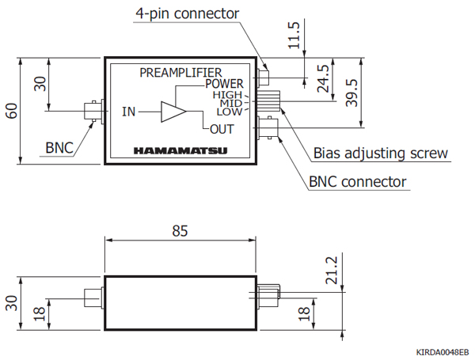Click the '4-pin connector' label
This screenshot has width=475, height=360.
tap(187, 13)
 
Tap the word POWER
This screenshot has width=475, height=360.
tap(224, 84)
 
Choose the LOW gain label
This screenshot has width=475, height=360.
tap(229, 112)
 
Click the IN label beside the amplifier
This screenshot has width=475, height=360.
tap(128, 112)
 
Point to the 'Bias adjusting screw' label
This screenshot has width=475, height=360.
tap(381, 153)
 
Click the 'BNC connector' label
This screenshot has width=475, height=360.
tap(357, 182)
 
